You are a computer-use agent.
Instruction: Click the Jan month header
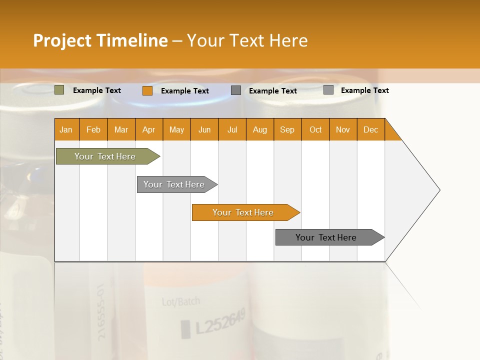(x=66, y=129)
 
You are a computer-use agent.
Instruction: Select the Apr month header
(x=149, y=129)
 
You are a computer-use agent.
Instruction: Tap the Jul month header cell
(x=232, y=129)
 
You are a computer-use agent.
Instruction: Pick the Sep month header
(x=287, y=129)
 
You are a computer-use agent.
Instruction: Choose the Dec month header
(x=370, y=129)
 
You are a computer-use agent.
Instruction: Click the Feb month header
(x=93, y=129)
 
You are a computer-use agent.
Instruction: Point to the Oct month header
(x=315, y=129)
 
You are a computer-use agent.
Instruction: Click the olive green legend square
(x=59, y=90)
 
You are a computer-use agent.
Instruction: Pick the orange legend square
(x=147, y=90)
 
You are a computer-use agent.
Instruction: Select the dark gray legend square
(x=236, y=90)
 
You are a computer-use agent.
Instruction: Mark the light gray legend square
(x=328, y=90)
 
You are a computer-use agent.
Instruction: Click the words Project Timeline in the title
(x=100, y=40)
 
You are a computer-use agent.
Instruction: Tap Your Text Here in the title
(x=247, y=40)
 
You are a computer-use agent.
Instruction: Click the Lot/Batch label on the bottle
(x=180, y=301)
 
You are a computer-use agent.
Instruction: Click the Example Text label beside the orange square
(x=185, y=91)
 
